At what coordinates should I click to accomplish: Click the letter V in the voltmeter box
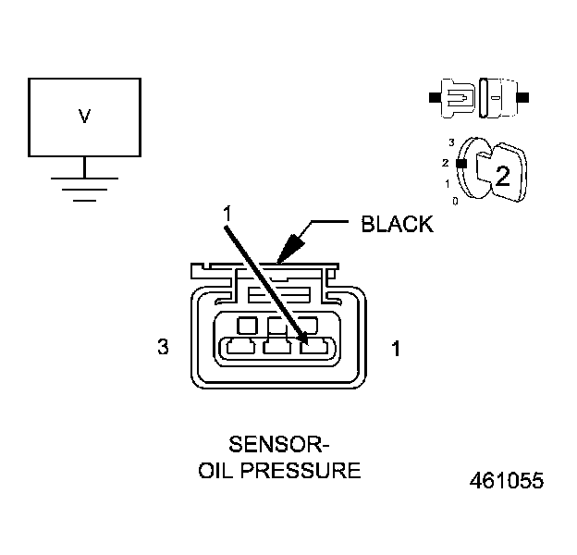coord(85,117)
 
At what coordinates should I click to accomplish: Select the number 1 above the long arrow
coord(226,213)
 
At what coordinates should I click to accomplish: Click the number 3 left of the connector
coord(163,348)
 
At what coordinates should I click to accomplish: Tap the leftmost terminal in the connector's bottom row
coord(239,348)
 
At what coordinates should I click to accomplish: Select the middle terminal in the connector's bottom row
coord(277,348)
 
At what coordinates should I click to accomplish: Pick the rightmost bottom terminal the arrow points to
coord(315,348)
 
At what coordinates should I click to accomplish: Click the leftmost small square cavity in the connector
coord(247,325)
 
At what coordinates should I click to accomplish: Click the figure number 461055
coord(507,481)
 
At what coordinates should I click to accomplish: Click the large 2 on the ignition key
coord(502,177)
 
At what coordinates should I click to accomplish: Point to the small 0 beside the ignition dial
coord(453,200)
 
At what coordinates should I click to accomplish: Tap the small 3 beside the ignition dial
coord(450,143)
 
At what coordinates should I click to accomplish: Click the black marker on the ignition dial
coord(460,162)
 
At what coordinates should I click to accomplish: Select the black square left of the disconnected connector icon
coord(433,96)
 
